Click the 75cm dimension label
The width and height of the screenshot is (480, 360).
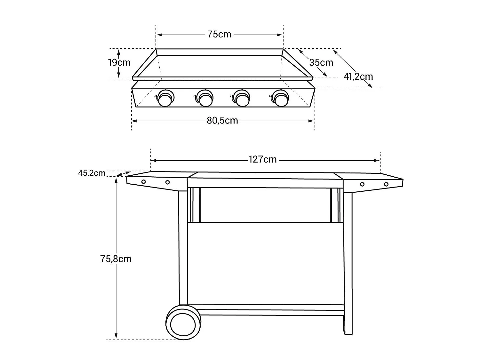[x=219, y=35]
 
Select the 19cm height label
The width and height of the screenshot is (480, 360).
[x=119, y=62]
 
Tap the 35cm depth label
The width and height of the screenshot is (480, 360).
[x=321, y=62]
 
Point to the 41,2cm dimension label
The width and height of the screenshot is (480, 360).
[x=358, y=76]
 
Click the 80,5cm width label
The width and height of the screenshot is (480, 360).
[x=222, y=121]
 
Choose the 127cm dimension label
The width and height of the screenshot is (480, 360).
[x=262, y=159]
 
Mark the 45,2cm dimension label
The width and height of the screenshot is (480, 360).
[x=92, y=173]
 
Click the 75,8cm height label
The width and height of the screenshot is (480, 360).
[x=116, y=259]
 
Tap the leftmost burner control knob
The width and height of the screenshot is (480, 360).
[x=166, y=98]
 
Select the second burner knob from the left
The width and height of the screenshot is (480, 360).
[x=205, y=98]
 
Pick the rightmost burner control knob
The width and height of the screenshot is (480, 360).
[x=281, y=98]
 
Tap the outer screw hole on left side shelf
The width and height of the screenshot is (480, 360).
[x=144, y=182]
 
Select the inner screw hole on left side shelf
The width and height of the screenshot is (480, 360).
[x=167, y=182]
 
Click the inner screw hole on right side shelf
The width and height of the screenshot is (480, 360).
[x=362, y=184]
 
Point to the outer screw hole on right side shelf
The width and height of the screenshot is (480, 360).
[x=386, y=184]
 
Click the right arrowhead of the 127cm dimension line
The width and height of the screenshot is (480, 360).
[x=378, y=160]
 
